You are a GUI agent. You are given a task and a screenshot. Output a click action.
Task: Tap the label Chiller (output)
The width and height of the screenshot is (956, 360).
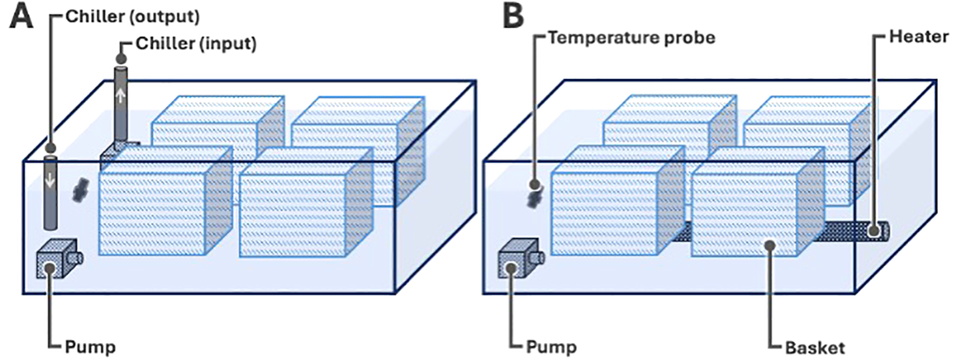(x=132, y=17)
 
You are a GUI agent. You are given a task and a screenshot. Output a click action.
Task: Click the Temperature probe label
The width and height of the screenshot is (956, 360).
(x=630, y=37)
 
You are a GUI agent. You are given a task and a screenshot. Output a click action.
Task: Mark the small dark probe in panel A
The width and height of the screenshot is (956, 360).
(x=79, y=190)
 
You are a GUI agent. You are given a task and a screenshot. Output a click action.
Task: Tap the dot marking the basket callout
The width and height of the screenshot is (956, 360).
(x=771, y=245)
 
